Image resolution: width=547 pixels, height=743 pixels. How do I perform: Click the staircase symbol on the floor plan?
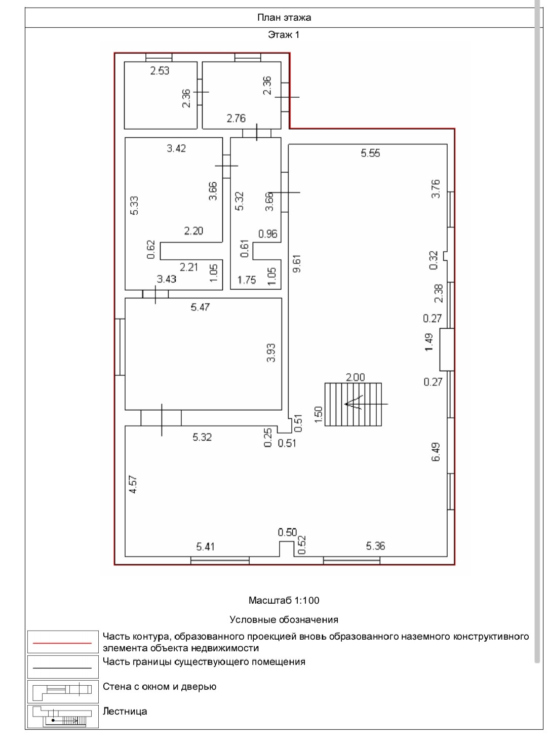[353, 404]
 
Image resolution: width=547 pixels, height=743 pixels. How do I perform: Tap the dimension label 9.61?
[297, 263]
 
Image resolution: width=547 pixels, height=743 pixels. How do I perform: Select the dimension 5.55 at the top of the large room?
[370, 153]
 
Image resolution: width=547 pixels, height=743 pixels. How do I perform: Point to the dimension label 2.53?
[160, 71]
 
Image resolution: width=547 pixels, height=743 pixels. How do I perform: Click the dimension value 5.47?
[200, 307]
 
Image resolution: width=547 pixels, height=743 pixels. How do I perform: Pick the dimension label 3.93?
[271, 353]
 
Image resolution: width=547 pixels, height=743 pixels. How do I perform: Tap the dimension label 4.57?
[132, 484]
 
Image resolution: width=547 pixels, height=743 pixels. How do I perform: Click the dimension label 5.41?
[206, 546]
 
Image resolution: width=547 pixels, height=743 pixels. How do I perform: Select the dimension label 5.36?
[375, 546]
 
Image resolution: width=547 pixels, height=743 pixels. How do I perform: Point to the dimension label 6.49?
[436, 452]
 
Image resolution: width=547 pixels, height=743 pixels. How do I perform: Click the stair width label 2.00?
[355, 377]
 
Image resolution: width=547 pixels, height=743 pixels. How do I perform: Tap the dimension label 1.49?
[429, 342]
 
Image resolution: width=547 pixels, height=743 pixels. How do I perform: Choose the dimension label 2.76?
[236, 119]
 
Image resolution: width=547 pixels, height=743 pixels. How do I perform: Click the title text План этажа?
[284, 18]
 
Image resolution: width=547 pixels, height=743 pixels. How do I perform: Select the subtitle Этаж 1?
[284, 35]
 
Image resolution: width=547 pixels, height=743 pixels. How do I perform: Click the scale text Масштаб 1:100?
[284, 601]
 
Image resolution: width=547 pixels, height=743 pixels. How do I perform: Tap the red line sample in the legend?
[62, 643]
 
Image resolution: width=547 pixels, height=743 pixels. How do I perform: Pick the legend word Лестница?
[125, 711]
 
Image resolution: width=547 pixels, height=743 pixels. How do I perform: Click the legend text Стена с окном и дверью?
[159, 687]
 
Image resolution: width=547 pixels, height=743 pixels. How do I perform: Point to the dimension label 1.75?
[247, 280]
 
